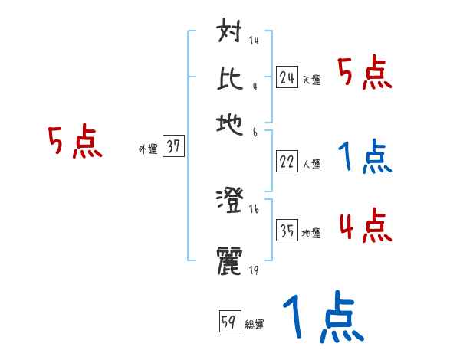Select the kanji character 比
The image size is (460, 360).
(231, 78)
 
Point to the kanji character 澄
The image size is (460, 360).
(231, 201)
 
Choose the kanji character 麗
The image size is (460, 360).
(231, 259)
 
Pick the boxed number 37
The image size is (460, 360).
(174, 148)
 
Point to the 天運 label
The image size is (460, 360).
(311, 80)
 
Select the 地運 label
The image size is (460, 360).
(311, 234)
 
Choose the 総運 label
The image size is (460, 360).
(255, 325)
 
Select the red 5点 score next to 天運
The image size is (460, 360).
(365, 74)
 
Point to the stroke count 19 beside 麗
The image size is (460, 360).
(253, 270)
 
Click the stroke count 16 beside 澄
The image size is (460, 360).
(253, 208)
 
